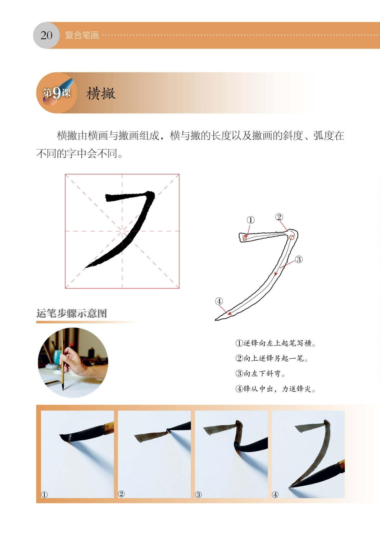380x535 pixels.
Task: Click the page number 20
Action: tap(46, 35)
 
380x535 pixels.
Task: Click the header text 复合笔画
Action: tap(82, 35)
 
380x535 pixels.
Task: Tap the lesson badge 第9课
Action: tap(57, 93)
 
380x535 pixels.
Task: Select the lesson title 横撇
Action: tap(101, 93)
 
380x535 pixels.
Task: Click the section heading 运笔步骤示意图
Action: tap(72, 314)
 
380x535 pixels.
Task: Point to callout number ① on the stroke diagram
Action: tap(250, 220)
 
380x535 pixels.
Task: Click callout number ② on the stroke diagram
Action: tap(279, 217)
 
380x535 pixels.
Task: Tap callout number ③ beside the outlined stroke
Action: tap(299, 259)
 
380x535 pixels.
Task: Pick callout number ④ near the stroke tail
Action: tap(219, 301)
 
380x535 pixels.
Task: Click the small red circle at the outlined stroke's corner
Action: tap(292, 237)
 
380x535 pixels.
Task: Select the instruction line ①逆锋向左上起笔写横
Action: tap(275, 343)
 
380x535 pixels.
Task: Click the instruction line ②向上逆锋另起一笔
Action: tap(272, 359)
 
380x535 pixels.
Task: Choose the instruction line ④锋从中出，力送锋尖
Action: tap(275, 389)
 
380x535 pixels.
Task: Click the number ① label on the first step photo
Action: tap(44, 495)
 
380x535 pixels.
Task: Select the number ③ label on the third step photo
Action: tap(198, 495)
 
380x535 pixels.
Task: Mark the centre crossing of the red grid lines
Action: tap(122, 231)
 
